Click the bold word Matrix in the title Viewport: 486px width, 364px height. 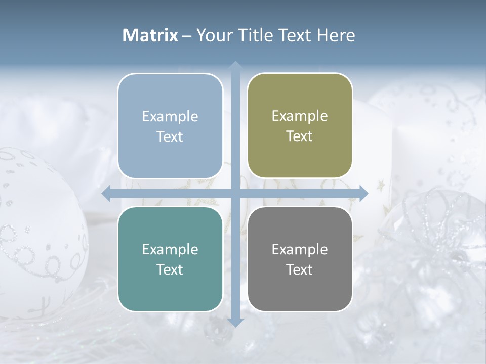(150, 35)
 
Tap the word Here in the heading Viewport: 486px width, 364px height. (336, 35)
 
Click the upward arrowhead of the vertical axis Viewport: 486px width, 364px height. (235, 66)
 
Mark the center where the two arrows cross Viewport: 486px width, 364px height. (235, 193)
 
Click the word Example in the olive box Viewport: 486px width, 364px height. (300, 116)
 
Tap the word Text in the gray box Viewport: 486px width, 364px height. (300, 270)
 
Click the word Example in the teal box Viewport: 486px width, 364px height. (170, 249)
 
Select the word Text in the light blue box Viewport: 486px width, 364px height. (170, 137)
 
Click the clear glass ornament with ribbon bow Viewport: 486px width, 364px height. (435, 238)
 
